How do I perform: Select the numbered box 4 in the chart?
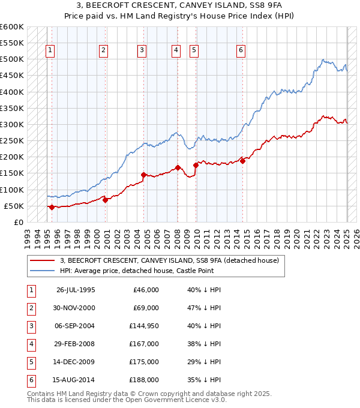click(176, 50)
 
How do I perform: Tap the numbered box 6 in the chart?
click(241, 50)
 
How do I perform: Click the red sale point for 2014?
click(242, 161)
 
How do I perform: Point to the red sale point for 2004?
click(143, 175)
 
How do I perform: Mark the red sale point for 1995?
click(52, 207)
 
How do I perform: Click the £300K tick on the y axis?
click(11, 124)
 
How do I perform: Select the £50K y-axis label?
click(13, 206)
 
